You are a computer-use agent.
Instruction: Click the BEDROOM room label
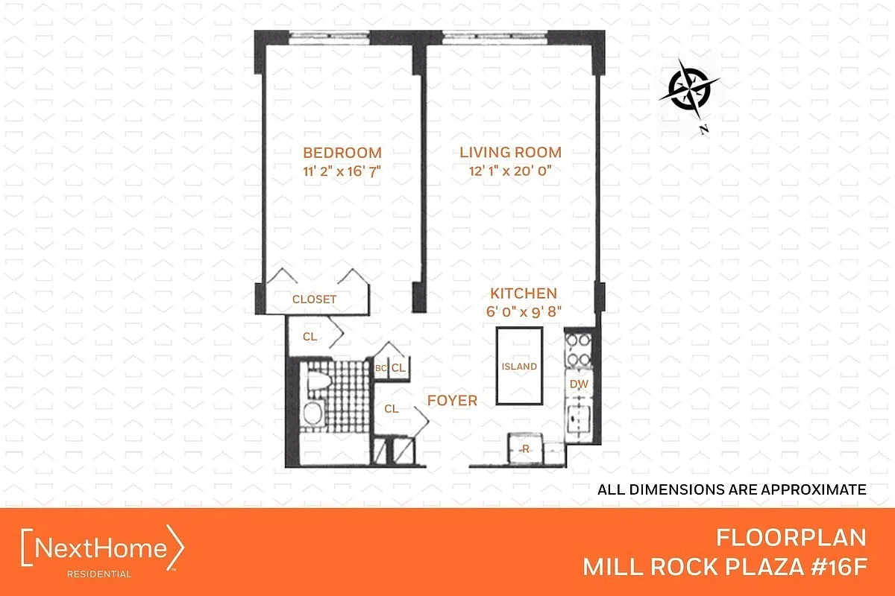click(x=342, y=153)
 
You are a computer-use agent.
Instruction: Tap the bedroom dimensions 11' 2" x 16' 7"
click(x=342, y=171)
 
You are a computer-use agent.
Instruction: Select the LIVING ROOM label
click(x=510, y=152)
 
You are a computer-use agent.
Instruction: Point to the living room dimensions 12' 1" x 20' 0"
click(x=510, y=171)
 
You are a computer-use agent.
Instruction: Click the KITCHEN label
click(x=524, y=294)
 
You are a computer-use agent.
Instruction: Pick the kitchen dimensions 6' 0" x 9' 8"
click(x=524, y=311)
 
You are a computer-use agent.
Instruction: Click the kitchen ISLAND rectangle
click(x=519, y=366)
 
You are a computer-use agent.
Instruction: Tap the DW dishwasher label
click(x=579, y=384)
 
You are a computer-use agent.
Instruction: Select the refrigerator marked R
click(x=525, y=448)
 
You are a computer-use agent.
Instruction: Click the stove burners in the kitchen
click(x=579, y=350)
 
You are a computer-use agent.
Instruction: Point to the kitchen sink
click(x=579, y=419)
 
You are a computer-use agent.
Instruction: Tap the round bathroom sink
click(x=313, y=413)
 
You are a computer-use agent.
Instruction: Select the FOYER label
click(x=452, y=400)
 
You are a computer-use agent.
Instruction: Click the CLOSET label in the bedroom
click(x=315, y=299)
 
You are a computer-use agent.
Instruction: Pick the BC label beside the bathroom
click(x=381, y=368)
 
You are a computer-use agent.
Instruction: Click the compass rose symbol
click(x=689, y=89)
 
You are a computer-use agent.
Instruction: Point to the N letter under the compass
click(x=704, y=130)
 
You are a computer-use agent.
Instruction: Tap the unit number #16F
click(x=839, y=566)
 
